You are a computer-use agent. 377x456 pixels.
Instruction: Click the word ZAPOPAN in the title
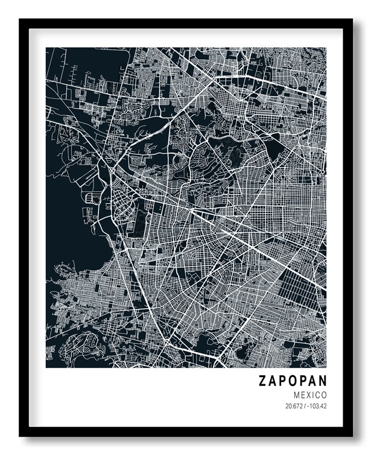pos(293,381)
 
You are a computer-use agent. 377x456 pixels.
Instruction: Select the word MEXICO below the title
pos(308,394)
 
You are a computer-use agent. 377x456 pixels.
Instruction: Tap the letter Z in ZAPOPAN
pos(263,381)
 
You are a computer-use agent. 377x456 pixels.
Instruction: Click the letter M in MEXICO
pos(291,394)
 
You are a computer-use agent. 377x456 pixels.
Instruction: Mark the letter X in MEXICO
pos(305,394)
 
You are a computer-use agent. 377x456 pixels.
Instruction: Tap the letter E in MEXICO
pos(299,394)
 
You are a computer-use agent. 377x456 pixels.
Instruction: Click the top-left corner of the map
pos(46,48)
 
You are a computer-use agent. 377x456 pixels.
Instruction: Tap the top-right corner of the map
pos(326,48)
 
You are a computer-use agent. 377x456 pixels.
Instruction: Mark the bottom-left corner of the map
pos(46,367)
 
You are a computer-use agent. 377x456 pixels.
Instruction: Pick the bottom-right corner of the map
pos(326,367)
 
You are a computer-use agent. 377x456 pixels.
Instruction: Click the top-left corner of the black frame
pos(20,20)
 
